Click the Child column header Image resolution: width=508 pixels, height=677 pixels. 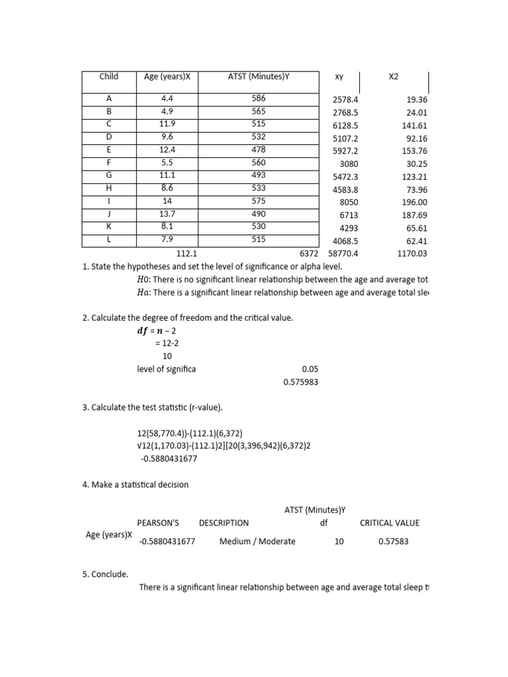108,77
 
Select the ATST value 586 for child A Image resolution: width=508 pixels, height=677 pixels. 259,99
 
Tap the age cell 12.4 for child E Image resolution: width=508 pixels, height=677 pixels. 166,150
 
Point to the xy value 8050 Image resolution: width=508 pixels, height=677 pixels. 348,202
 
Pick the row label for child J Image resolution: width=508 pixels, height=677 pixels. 108,214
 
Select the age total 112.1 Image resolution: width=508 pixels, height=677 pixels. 188,253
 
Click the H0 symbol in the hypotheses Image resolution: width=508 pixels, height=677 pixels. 144,279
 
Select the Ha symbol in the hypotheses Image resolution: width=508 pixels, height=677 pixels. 144,292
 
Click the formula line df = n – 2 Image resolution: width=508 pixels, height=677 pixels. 156,331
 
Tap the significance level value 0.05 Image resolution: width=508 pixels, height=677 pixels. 310,370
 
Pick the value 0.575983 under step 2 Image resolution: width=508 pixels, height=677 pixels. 301,382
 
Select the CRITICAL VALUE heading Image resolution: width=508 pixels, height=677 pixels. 390,523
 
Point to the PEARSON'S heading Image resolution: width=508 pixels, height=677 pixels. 158,523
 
